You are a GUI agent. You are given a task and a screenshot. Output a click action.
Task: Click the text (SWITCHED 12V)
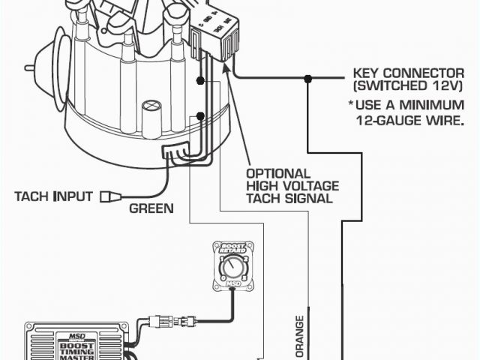[405, 88]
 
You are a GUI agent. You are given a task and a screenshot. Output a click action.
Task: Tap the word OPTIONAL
[278, 172]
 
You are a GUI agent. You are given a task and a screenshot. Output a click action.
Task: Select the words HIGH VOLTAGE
[292, 185]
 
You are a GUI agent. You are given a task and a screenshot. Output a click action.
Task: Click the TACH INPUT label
[53, 196]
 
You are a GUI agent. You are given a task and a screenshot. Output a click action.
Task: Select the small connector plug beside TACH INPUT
[109, 196]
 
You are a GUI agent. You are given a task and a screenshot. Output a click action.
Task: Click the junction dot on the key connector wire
[307, 78]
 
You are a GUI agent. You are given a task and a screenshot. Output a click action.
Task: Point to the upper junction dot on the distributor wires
[200, 79]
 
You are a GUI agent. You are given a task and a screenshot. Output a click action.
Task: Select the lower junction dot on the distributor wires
[200, 115]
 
